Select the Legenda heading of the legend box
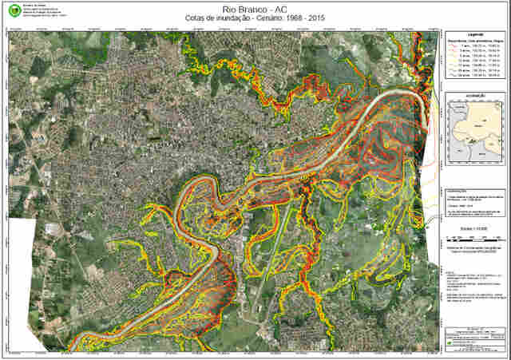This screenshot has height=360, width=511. [475, 35]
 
